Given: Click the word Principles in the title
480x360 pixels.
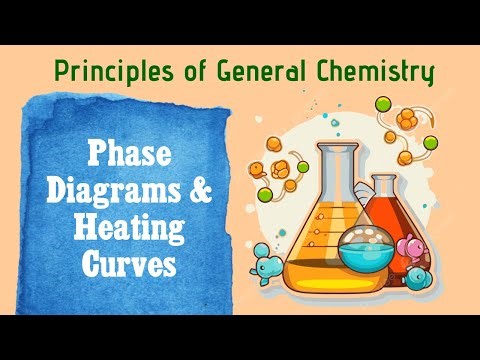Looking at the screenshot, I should [103, 72].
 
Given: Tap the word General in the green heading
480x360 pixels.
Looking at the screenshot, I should [259, 72].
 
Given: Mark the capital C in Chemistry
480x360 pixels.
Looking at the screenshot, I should [325, 72].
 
